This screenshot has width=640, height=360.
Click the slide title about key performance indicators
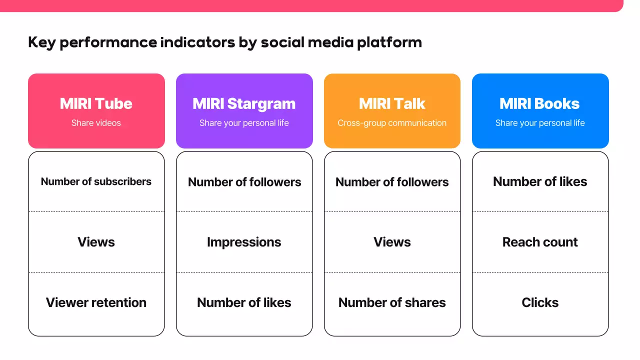pos(225,42)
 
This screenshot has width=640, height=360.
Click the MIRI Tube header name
pos(96,103)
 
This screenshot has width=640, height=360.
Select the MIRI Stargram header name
pos(244,103)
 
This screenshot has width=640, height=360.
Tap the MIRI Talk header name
pos(392,103)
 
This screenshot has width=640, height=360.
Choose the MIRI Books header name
pos(540,103)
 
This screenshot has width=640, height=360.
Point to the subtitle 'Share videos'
pos(96,123)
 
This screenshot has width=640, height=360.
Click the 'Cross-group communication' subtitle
pos(392,123)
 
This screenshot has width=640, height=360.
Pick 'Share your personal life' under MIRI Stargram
pos(244,123)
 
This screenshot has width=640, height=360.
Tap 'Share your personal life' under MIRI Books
pos(540,123)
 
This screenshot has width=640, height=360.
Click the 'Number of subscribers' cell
pos(96,181)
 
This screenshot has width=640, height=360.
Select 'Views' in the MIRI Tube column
pos(96,242)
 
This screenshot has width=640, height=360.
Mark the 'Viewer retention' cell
pos(96,302)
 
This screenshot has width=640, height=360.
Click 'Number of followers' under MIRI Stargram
pos(244,182)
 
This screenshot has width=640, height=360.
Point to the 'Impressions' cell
pos(244,242)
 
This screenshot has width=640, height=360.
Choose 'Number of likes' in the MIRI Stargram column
pos(244,302)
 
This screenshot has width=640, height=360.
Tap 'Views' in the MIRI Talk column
pos(392,242)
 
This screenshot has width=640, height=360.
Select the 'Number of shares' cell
pos(392,302)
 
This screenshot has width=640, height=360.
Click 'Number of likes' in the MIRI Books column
pos(540,181)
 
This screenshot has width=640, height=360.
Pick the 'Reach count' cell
pos(540,242)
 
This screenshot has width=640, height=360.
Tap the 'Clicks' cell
pos(540,302)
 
